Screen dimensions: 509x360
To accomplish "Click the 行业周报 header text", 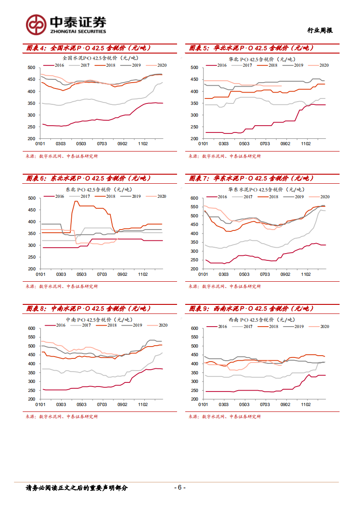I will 320,30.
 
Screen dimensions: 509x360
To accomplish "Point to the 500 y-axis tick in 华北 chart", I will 194,68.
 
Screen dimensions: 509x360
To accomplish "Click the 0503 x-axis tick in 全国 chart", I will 81,144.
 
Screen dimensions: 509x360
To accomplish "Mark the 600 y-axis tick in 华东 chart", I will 194,198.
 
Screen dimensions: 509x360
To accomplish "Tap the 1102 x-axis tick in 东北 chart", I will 143,274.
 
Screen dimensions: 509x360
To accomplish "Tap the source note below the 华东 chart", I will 225,286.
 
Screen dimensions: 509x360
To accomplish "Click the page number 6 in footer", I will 180,488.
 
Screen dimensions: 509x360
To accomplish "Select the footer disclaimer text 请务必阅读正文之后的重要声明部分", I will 77,488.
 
